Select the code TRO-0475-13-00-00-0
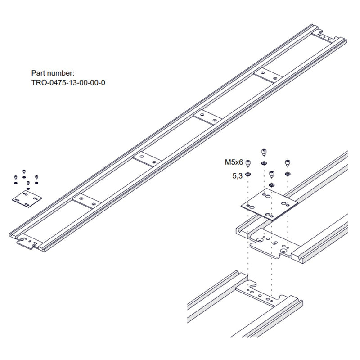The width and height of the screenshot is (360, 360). coord(68,83)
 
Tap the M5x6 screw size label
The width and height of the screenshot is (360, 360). coord(234,162)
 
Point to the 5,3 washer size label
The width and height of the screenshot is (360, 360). coord(237,176)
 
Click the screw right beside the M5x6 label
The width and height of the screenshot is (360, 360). coord(248,163)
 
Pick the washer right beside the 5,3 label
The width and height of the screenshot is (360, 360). coord(248,174)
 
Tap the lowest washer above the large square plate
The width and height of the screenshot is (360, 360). coord(271,184)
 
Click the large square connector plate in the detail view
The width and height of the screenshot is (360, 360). coord(269,203)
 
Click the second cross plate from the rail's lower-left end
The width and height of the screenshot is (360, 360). coord(146,158)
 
